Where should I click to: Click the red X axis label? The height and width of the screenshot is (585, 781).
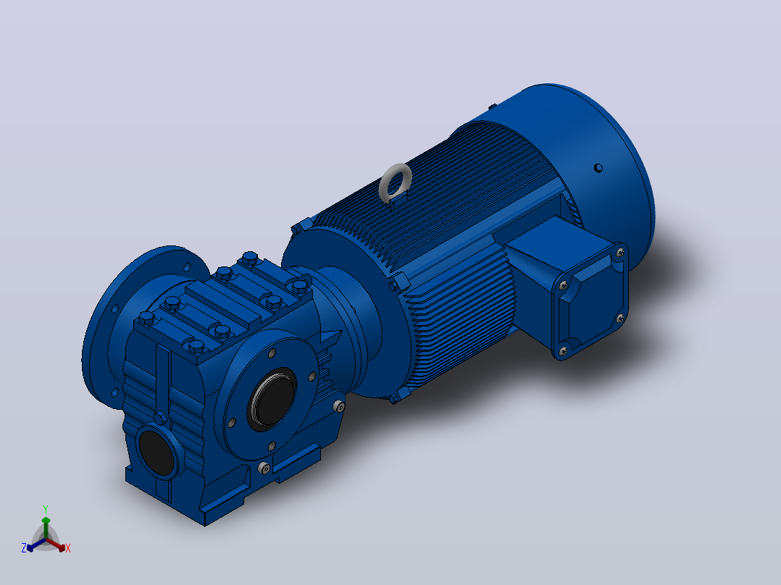click(68, 548)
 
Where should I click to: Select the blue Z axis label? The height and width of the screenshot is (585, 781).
click(24, 547)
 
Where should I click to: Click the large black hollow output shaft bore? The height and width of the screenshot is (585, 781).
click(272, 400)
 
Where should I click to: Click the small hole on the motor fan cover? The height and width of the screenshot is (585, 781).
click(598, 168)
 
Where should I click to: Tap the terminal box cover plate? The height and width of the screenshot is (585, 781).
click(592, 300)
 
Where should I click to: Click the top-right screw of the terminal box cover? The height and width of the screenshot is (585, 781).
click(620, 253)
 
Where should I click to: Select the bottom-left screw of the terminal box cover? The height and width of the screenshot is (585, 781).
click(564, 351)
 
